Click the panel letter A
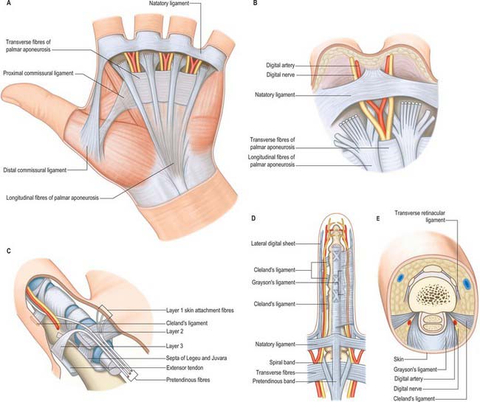point(8,4)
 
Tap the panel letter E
point(378,218)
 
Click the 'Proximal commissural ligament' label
point(38,73)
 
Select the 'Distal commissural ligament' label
point(35,170)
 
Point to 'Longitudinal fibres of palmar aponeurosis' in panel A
point(52,198)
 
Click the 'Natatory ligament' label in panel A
point(169,4)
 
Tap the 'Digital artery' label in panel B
point(281,65)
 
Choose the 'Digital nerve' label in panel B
point(281,74)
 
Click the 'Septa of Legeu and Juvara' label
point(196,358)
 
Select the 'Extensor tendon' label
point(185,368)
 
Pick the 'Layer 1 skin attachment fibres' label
point(200,311)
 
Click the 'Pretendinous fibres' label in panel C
point(188,380)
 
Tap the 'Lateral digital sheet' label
point(273,243)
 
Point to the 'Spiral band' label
point(282,363)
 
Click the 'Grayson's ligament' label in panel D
point(273,283)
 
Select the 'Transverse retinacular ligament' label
point(419,216)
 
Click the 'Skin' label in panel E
point(399,359)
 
